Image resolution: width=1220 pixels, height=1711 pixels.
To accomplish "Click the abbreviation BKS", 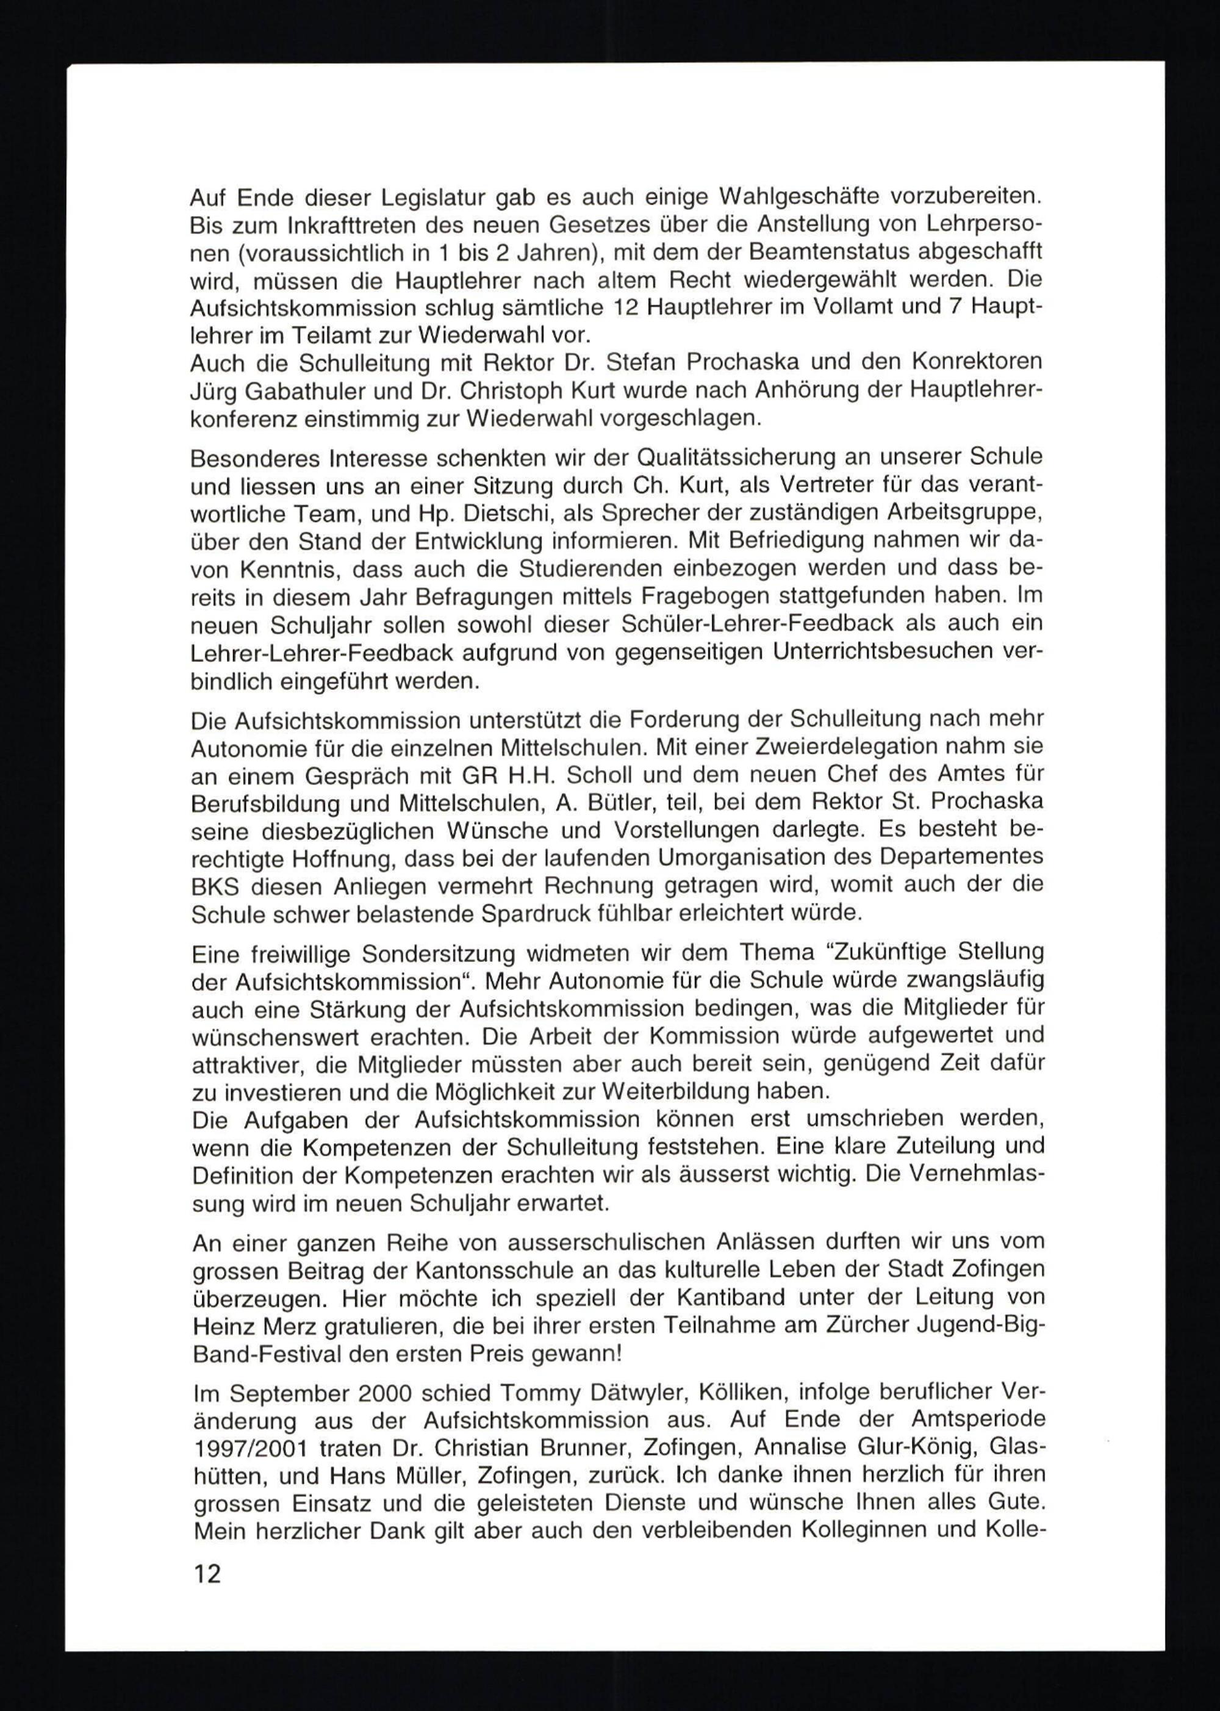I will tap(214, 886).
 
